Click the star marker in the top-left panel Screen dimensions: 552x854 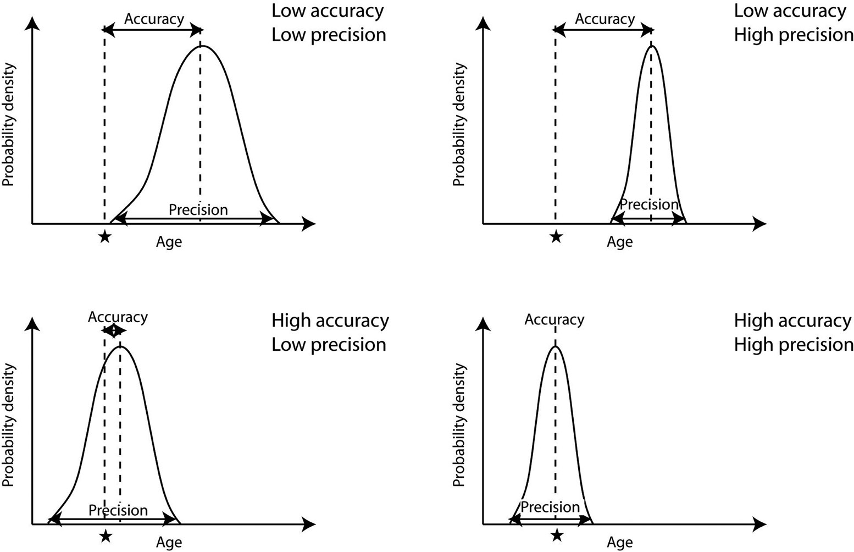(104, 237)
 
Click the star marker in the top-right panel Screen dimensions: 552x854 (556, 237)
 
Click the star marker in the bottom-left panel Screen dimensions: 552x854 (106, 536)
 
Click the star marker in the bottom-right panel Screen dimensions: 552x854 (557, 534)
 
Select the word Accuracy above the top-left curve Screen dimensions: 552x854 (154, 19)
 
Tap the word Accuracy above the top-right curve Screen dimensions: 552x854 (605, 19)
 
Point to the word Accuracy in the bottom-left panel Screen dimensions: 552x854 (118, 317)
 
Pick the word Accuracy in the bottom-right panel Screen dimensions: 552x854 (554, 319)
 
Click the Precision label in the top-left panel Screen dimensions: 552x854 (198, 209)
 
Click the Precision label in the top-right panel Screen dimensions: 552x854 (649, 205)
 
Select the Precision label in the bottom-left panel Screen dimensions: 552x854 (118, 510)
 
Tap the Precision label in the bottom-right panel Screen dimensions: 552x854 (550, 506)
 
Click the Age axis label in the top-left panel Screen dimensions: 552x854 (169, 242)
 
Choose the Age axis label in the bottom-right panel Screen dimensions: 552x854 (619, 543)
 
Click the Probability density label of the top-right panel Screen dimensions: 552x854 (459, 124)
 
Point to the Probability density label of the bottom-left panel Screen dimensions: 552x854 (8, 424)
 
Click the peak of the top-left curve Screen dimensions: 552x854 (202, 46)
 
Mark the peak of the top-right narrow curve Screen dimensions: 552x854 (652, 46)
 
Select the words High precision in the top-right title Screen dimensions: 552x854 (794, 35)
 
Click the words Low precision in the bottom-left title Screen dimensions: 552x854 (329, 345)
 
